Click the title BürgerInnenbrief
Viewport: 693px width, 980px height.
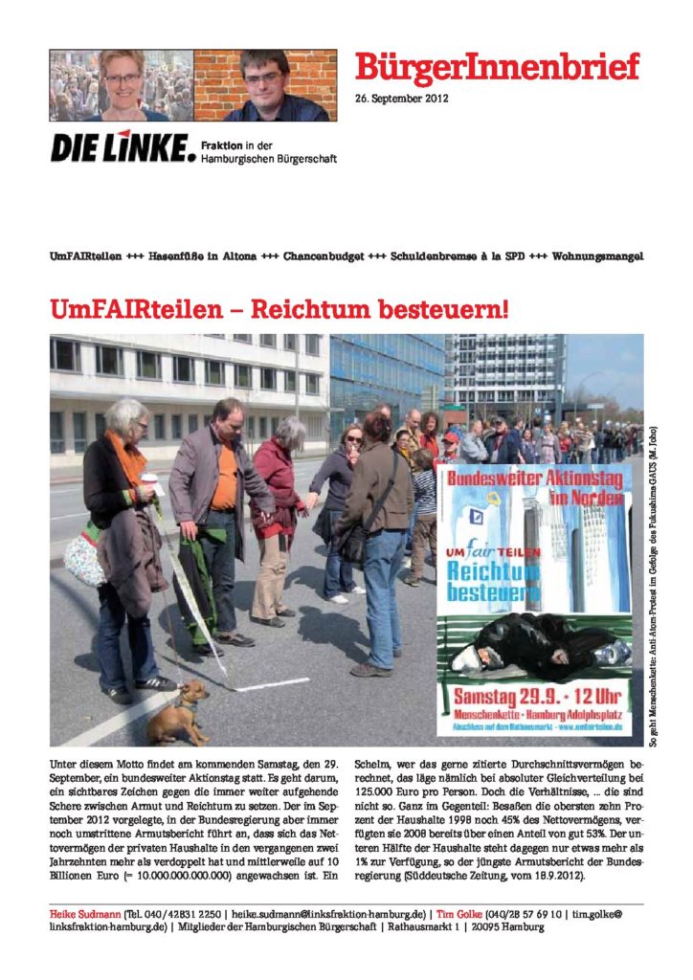(x=497, y=68)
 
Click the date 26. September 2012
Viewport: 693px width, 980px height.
(x=402, y=99)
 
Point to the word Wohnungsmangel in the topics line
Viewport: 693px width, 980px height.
(x=595, y=258)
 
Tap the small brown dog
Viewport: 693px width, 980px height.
(x=179, y=711)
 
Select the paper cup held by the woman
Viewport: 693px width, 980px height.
(x=148, y=482)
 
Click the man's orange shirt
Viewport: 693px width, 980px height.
(x=225, y=477)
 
